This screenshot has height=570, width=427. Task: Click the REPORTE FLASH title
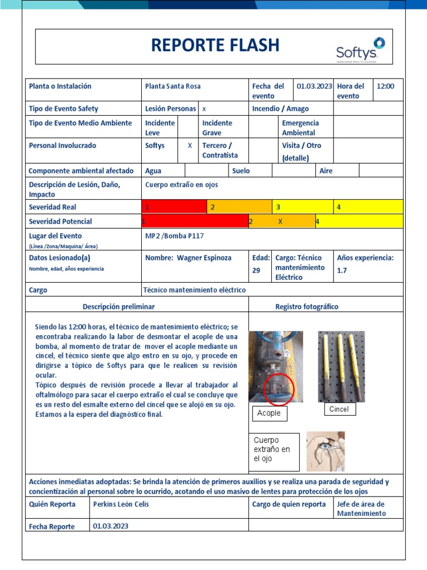(215, 46)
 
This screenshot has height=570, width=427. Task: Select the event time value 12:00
(385, 86)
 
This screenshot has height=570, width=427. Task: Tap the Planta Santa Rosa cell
(173, 86)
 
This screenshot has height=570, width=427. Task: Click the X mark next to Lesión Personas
(203, 109)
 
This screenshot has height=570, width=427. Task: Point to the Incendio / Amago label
(280, 109)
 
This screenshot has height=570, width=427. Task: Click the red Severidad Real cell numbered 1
(174, 207)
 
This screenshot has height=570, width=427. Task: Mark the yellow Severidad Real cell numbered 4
(368, 207)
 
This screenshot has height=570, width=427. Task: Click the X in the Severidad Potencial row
(280, 222)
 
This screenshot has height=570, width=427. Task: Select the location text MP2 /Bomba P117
(175, 236)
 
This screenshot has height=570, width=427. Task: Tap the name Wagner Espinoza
(188, 258)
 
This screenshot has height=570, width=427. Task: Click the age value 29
(256, 270)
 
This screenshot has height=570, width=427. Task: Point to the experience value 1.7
(342, 271)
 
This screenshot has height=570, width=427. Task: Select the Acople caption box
(269, 414)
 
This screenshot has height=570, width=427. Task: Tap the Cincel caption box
(339, 409)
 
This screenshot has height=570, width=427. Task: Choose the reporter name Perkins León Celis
(121, 504)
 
